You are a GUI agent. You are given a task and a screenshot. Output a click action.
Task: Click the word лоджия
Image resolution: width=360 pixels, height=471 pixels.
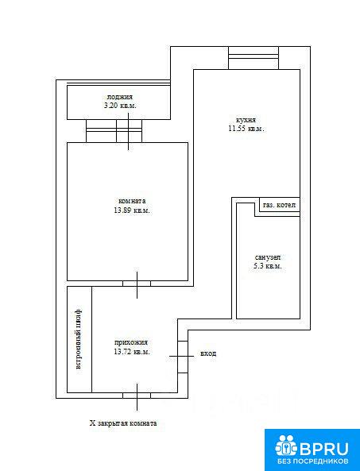click(x=119, y=97)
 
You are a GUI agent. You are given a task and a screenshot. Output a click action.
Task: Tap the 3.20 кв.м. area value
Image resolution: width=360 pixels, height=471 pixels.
click(x=120, y=106)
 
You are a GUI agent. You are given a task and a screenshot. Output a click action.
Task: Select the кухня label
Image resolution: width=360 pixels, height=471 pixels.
click(x=246, y=120)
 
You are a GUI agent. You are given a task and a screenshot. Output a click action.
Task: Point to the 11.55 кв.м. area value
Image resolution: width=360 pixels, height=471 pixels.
click(x=246, y=129)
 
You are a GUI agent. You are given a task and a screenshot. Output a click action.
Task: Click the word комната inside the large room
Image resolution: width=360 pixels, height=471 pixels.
click(x=132, y=201)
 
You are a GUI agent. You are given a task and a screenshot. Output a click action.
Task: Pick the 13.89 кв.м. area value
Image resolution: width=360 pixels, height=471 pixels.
click(x=132, y=210)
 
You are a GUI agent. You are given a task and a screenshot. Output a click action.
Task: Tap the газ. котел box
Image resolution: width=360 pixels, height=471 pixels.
click(x=280, y=205)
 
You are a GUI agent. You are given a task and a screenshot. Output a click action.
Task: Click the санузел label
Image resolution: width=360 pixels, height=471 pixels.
click(x=268, y=257)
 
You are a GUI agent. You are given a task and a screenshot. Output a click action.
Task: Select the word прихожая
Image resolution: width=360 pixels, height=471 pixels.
click(x=131, y=342)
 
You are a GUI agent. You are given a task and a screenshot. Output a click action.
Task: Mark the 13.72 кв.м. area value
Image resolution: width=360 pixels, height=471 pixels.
click(x=132, y=351)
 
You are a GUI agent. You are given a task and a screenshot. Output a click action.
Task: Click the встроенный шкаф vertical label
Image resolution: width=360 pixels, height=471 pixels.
click(x=78, y=338)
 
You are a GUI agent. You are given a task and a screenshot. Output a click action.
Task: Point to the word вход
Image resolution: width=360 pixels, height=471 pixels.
click(x=208, y=353)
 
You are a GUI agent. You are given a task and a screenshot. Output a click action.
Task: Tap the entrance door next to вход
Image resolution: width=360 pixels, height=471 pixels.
click(x=183, y=357)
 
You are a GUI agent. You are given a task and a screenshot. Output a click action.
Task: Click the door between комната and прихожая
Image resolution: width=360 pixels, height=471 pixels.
click(x=137, y=284)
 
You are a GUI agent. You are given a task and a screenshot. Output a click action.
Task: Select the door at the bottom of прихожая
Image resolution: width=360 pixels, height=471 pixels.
click(x=137, y=396)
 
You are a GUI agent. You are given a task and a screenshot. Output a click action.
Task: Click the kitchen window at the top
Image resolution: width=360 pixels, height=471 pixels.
click(x=254, y=58)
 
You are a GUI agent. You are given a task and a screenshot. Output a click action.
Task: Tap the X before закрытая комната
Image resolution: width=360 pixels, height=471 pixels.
click(x=92, y=423)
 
